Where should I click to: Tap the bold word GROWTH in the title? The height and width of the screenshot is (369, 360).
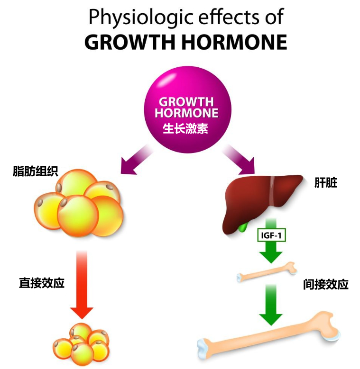coord(130,42)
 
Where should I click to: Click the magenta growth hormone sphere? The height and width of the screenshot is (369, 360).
coord(187,110)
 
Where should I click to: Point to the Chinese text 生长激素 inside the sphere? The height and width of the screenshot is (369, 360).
coord(185,129)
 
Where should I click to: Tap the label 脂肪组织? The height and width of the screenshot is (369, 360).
coord(36,171)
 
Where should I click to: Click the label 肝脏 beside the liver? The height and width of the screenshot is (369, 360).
coord(326,183)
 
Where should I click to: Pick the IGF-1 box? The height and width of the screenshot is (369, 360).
coord(272,235)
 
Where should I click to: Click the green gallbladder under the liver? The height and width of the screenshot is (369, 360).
coord(243,227)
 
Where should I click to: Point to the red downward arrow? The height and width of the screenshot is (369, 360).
coord(82,285)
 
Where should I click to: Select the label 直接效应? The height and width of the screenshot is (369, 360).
coord(42,283)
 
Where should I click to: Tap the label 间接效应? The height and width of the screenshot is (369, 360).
coord(326,285)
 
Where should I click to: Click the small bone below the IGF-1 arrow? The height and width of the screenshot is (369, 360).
coord(267,272)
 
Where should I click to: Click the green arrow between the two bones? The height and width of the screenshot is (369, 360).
coord(271,305)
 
